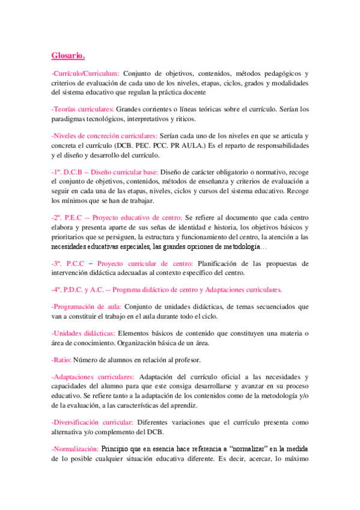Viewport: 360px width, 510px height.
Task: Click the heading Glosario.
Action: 68,57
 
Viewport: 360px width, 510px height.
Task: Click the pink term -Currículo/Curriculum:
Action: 85,73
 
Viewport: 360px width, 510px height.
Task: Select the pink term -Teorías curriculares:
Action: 82,109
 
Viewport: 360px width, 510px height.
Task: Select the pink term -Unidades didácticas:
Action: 84,333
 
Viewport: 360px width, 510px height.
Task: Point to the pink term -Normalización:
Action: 75,449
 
